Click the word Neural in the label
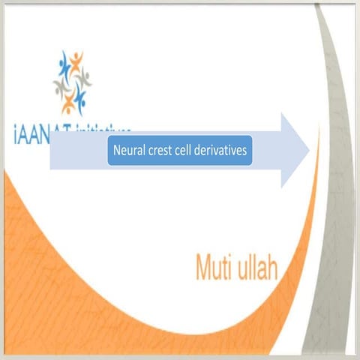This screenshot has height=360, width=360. point(127,150)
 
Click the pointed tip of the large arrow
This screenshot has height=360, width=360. point(308,151)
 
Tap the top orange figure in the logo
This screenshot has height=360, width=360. point(76,59)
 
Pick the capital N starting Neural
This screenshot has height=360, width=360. point(116,150)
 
